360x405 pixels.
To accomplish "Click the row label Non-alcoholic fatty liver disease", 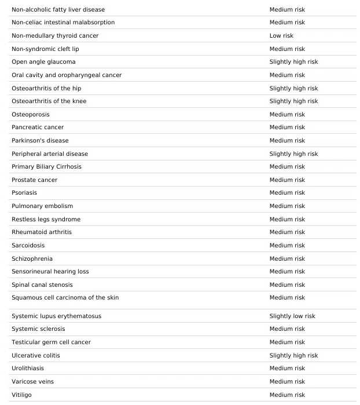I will (x=58, y=9).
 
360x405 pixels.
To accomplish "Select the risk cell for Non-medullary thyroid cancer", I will (x=281, y=36).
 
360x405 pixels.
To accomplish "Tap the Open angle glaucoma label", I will (x=43, y=62).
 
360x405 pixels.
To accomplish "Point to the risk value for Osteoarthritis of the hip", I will (x=293, y=89).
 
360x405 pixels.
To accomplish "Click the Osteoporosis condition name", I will (x=31, y=115).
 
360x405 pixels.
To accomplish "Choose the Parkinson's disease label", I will (x=40, y=141).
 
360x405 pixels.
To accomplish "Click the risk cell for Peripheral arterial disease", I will (x=293, y=154).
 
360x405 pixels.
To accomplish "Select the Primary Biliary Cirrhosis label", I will (x=46, y=167).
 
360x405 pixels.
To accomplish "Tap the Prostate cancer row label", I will (x=34, y=180).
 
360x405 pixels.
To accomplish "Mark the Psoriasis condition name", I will (x=24, y=193).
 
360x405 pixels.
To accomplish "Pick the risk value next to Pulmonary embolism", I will (x=287, y=206).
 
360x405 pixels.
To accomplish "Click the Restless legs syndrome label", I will (x=46, y=220).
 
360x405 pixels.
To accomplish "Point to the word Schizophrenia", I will (x=32, y=259).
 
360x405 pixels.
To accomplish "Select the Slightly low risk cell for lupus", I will (x=292, y=316).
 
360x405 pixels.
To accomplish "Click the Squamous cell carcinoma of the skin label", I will (x=65, y=298).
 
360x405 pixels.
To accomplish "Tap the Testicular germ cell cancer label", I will (x=51, y=342).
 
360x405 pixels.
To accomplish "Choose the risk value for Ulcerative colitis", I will (x=293, y=356).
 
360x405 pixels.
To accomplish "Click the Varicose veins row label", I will (x=32, y=382).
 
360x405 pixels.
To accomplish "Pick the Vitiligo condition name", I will (x=21, y=395).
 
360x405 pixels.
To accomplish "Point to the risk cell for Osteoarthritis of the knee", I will (x=293, y=101).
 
